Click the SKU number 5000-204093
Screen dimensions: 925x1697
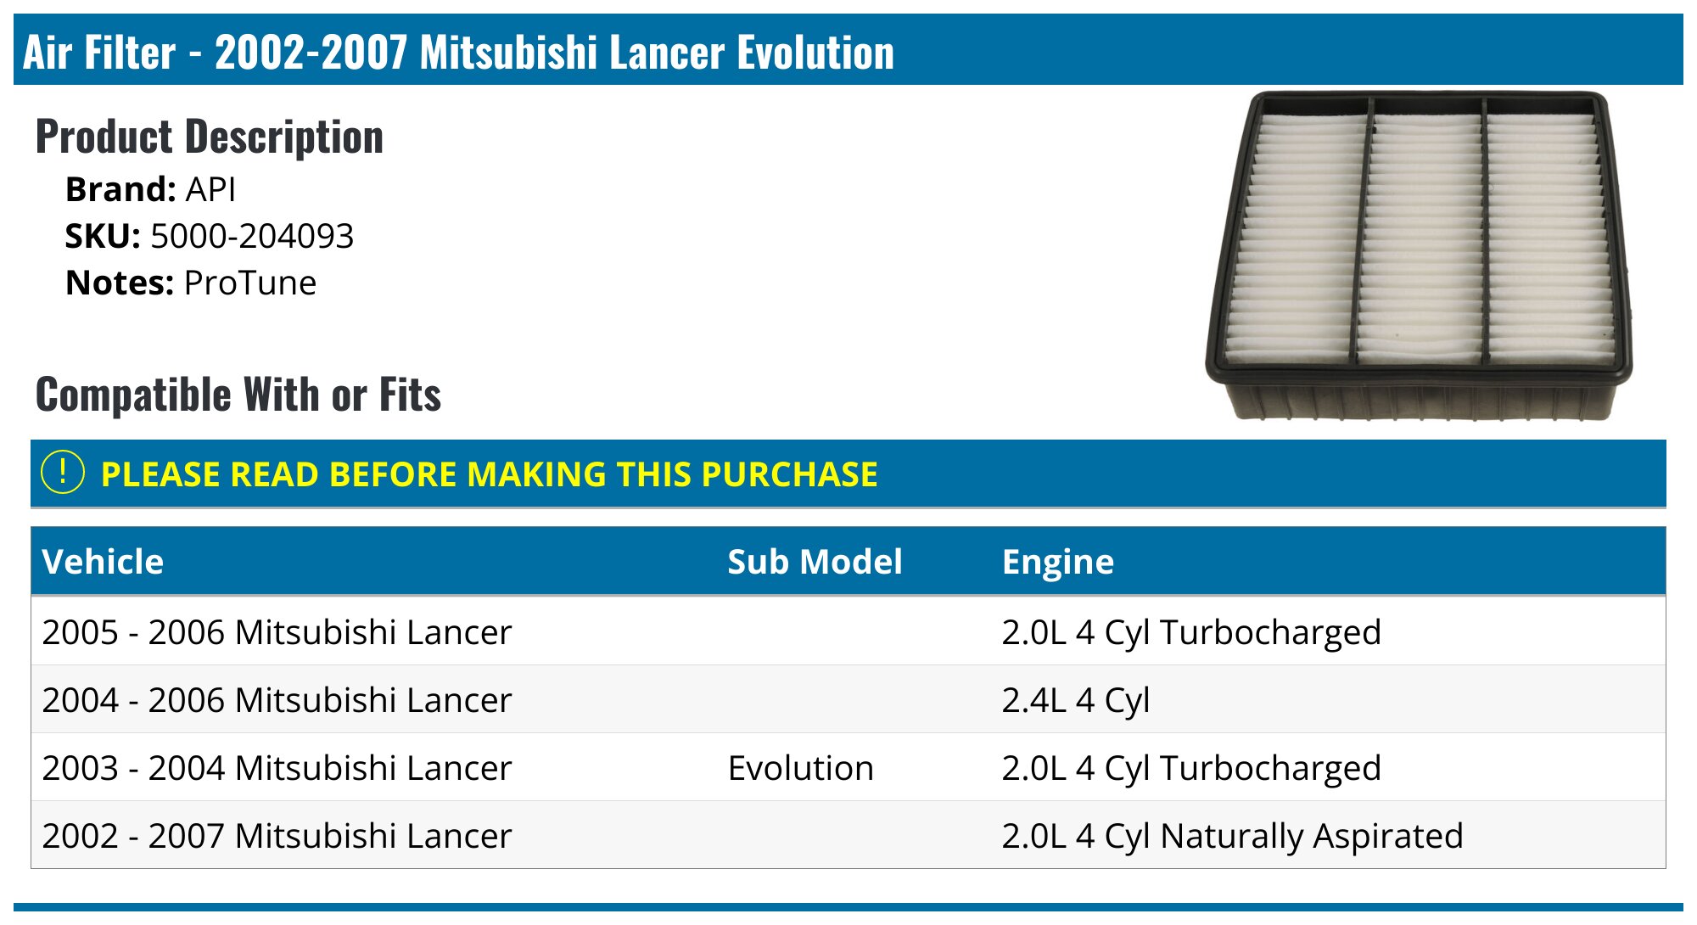251,237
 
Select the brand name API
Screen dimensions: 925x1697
210,190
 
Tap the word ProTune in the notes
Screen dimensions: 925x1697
249,283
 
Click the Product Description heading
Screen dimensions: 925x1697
210,137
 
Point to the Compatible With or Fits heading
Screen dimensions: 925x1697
238,395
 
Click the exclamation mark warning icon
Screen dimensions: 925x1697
63,473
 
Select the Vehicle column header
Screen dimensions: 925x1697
103,562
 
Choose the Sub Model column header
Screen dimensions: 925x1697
815,562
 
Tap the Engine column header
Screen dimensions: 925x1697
1057,562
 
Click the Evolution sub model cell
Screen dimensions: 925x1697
800,768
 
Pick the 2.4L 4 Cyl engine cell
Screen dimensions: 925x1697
1075,700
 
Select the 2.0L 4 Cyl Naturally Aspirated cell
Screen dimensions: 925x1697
1231,836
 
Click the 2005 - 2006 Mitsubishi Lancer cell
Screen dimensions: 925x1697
277,632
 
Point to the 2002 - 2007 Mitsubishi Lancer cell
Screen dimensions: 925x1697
277,836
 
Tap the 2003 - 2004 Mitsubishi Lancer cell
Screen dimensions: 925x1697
277,768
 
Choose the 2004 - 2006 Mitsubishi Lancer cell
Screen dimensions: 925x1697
277,700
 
